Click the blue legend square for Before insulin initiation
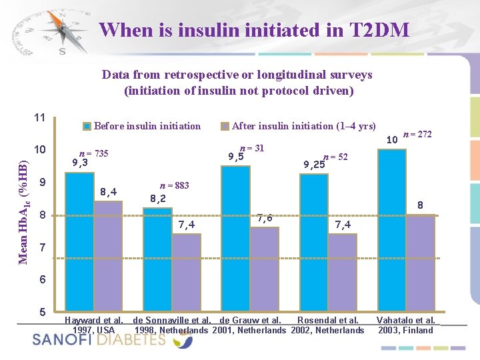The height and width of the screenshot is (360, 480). tap(87, 126)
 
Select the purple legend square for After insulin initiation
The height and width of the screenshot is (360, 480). tap(225, 126)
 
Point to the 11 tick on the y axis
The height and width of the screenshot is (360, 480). tap(39, 118)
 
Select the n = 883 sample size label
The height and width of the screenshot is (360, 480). tap(174, 187)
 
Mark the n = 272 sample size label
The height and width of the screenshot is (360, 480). tap(418, 134)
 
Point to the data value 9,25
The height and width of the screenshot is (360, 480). tap(314, 164)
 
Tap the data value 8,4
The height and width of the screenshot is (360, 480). tap(108, 192)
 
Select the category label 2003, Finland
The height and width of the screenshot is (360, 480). tap(405, 330)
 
